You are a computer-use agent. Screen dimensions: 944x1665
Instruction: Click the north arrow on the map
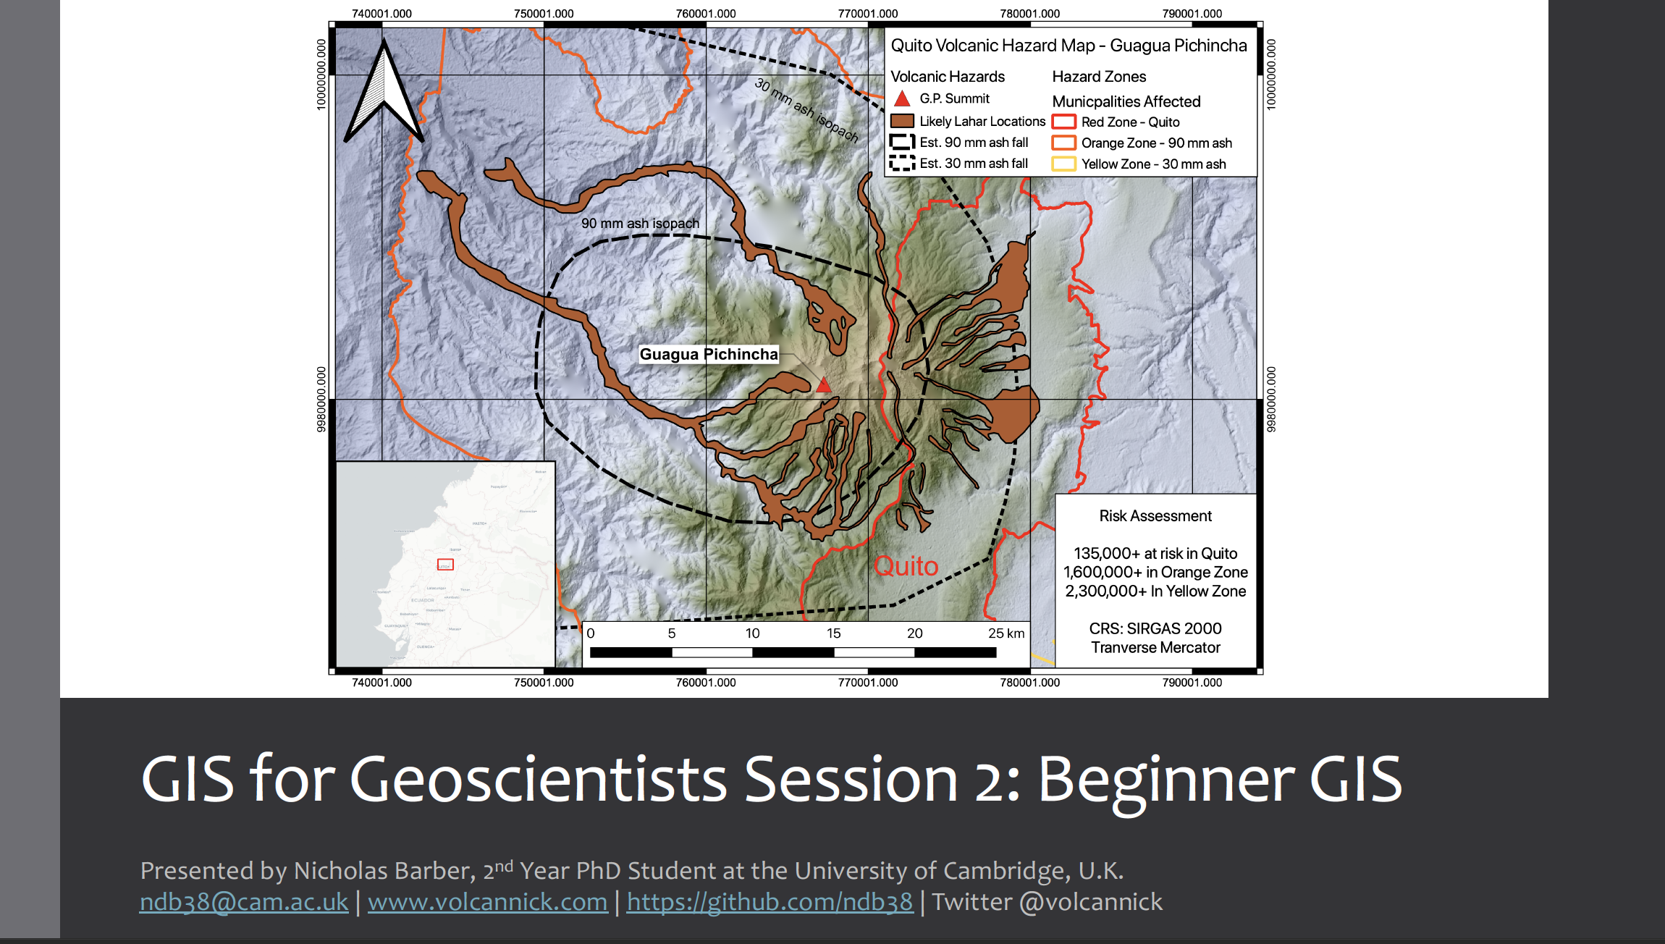(x=383, y=94)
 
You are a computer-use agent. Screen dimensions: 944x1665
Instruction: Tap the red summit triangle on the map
(x=824, y=384)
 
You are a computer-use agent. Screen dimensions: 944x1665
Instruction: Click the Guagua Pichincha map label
(x=709, y=354)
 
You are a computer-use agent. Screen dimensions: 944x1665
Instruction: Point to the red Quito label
(x=906, y=566)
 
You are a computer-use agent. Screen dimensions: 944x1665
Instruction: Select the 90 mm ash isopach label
(x=640, y=224)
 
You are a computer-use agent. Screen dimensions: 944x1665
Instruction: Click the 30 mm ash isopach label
(x=806, y=111)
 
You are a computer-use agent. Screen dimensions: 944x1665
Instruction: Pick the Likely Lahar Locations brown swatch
(x=902, y=121)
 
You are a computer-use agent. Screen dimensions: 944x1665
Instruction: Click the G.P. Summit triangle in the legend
(x=902, y=98)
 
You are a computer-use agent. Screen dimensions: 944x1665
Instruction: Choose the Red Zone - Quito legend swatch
(x=1063, y=122)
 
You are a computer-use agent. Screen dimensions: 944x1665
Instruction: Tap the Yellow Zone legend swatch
(x=1063, y=164)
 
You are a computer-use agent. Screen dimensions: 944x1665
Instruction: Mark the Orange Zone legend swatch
(x=1063, y=143)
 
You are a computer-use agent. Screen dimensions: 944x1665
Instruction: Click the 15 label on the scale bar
(x=834, y=633)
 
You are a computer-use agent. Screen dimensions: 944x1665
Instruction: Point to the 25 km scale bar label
(x=1006, y=633)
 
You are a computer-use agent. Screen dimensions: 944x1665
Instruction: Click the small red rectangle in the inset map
(x=445, y=565)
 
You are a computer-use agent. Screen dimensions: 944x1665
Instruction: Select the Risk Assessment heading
(x=1155, y=516)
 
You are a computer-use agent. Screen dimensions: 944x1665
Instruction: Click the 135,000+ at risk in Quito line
(x=1155, y=554)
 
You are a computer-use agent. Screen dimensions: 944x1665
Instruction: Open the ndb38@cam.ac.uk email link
(x=244, y=902)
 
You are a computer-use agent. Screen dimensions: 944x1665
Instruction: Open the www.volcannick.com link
(x=487, y=902)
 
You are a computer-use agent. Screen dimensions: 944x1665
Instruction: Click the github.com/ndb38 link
(x=770, y=902)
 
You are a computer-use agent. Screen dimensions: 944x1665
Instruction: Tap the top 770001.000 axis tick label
(x=867, y=14)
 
